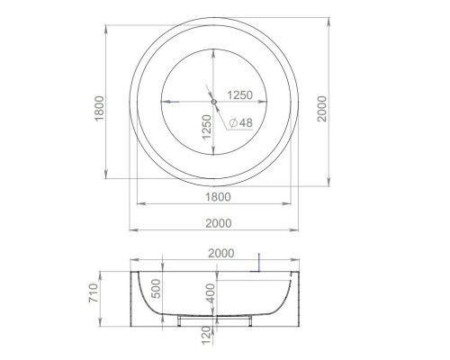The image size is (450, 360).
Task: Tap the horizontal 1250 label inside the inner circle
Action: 238,94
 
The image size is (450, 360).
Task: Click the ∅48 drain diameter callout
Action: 239,122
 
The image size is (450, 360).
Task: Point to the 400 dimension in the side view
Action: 209,292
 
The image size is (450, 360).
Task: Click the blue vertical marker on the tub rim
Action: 258,260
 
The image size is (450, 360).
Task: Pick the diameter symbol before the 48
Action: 233,122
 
